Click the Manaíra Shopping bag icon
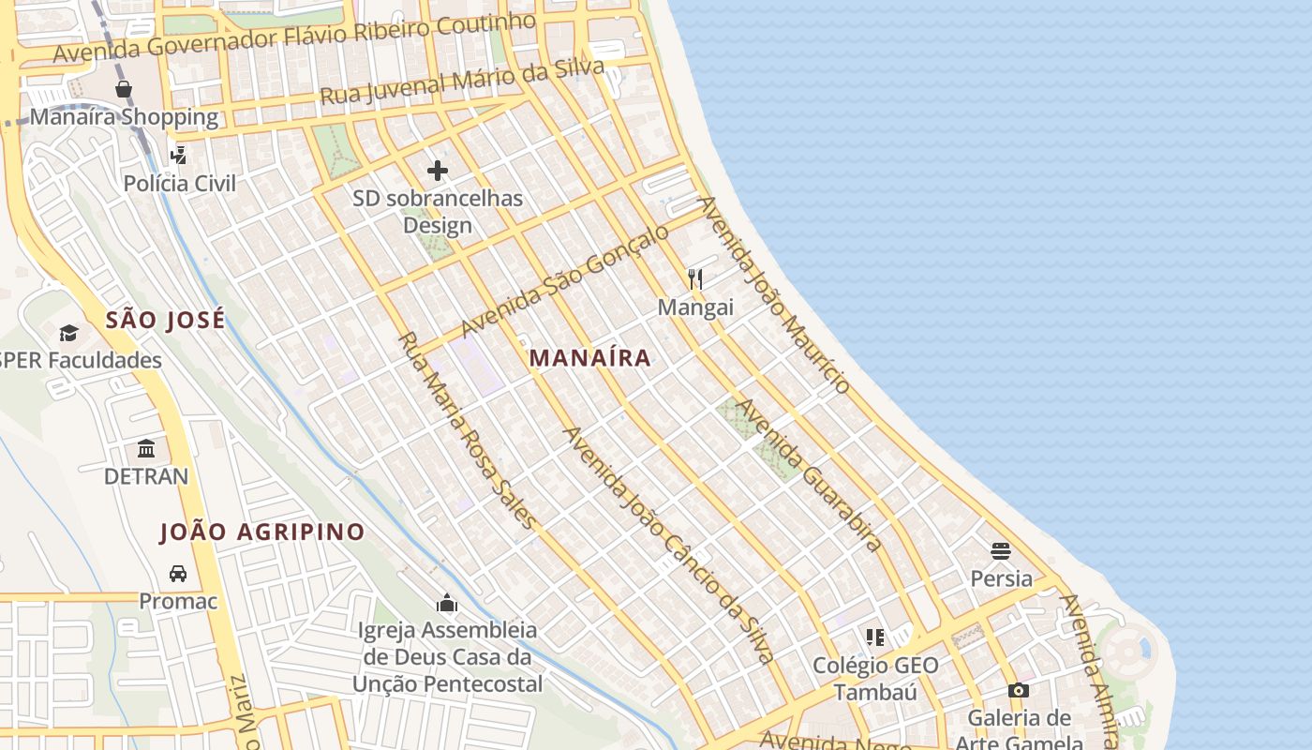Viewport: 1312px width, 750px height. coord(124,89)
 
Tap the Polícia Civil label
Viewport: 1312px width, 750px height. coord(180,183)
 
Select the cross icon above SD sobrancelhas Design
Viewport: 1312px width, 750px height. coord(438,171)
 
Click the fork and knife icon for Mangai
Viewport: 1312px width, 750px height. coord(695,278)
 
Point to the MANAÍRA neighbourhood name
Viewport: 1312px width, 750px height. coord(589,357)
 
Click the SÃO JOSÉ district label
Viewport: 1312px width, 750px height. coord(165,320)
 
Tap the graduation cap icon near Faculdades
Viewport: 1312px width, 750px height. coord(68,333)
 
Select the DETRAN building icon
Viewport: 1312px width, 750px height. coord(146,448)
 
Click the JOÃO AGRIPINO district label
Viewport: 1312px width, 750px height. coord(262,532)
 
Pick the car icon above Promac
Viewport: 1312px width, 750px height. coord(178,573)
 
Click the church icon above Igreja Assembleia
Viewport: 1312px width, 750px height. coord(447,603)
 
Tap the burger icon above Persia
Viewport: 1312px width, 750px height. coord(1001,550)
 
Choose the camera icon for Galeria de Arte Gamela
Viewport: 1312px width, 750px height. coord(1019,691)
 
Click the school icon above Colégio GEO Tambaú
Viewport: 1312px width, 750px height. coord(875,638)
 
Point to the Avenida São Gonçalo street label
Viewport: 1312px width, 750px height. coord(565,280)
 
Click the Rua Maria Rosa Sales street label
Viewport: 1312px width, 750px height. coord(468,430)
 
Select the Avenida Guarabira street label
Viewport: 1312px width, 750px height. coord(809,474)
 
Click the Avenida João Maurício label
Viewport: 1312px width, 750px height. coord(774,293)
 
